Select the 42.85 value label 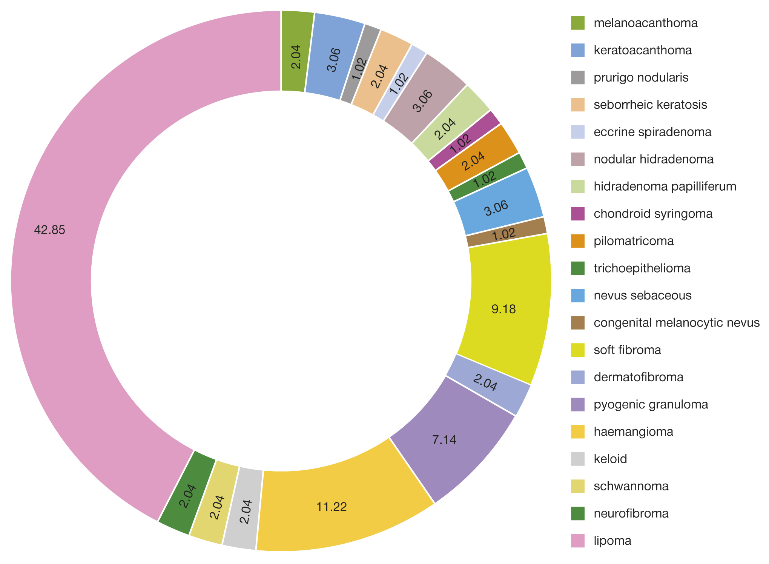(x=49, y=230)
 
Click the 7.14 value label (x=444, y=440)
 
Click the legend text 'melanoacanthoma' (x=645, y=23)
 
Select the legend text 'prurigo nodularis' (x=641, y=77)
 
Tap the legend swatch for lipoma (x=578, y=541)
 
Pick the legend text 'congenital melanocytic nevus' (x=676, y=323)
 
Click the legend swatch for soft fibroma (x=578, y=350)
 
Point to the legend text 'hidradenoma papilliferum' (x=665, y=186)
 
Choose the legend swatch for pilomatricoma (x=578, y=241)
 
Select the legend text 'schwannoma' (x=631, y=486)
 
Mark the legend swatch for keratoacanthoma (x=578, y=50)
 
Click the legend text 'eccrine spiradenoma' (x=652, y=132)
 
